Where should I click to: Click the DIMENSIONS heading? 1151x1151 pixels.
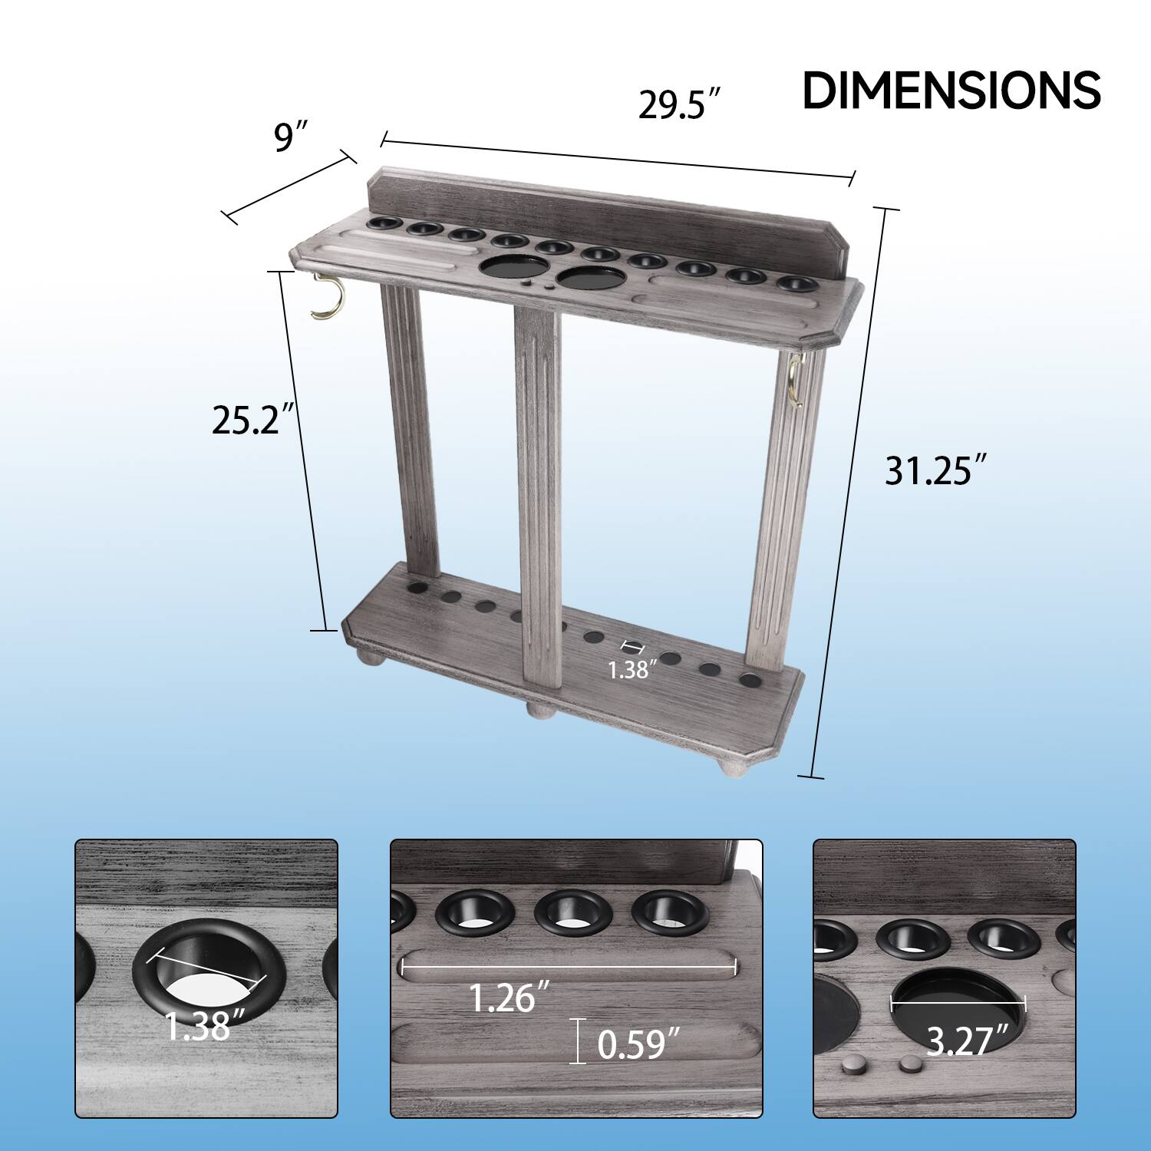tap(951, 91)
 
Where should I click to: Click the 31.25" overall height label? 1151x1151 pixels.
tap(934, 470)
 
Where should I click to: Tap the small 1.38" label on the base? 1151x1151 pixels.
tap(630, 670)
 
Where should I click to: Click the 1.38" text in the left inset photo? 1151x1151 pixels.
tap(205, 1026)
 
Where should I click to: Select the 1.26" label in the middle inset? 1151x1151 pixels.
tap(510, 998)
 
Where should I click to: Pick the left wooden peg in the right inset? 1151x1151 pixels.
tap(852, 1065)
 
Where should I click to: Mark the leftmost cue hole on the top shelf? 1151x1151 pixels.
tap(384, 223)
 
